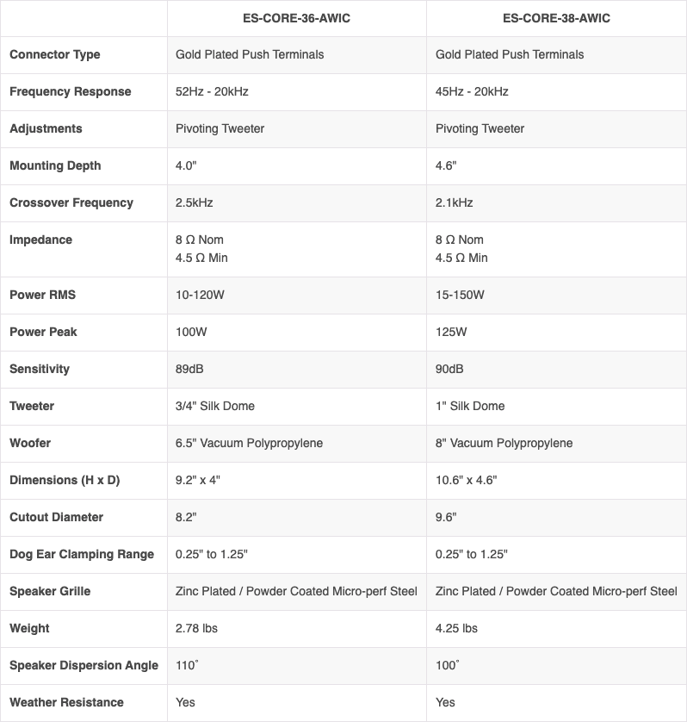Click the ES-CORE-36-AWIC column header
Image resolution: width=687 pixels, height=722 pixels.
pyautogui.click(x=296, y=17)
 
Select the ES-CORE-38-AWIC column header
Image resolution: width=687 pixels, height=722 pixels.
pyautogui.click(x=556, y=17)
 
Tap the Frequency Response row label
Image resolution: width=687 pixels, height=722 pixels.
pyautogui.click(x=71, y=91)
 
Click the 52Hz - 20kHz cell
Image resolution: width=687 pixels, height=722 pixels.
pyautogui.click(x=212, y=91)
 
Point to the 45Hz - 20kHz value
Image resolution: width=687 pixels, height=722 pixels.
pyautogui.click(x=472, y=91)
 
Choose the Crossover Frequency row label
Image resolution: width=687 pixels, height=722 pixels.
pyautogui.click(x=71, y=202)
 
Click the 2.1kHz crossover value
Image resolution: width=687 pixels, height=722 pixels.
pyautogui.click(x=455, y=202)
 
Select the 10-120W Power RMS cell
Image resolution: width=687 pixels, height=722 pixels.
pyautogui.click(x=200, y=295)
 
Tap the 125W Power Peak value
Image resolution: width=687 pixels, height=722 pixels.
pyautogui.click(x=452, y=332)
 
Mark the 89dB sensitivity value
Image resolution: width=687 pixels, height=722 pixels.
pyautogui.click(x=189, y=369)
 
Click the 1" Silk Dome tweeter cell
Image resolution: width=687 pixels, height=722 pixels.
pyautogui.click(x=470, y=406)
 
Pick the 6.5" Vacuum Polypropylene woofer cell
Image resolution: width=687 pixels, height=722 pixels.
pyautogui.click(x=249, y=443)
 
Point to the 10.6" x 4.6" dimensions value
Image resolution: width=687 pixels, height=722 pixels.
pyautogui.click(x=467, y=480)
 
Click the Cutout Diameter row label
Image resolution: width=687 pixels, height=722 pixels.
pyautogui.click(x=56, y=517)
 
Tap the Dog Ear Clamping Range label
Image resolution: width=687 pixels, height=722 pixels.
pyautogui.click(x=82, y=554)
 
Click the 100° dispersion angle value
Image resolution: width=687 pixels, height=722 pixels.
pyautogui.click(x=448, y=665)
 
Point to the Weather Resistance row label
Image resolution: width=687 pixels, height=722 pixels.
pyautogui.click(x=66, y=702)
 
